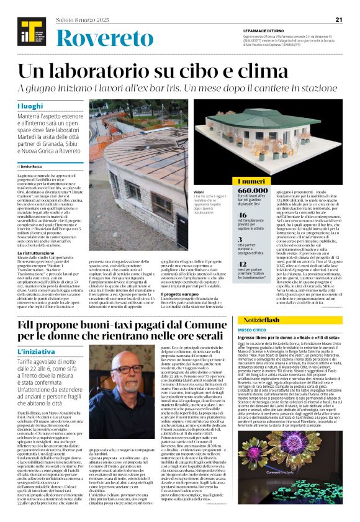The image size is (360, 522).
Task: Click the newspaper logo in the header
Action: (27, 32)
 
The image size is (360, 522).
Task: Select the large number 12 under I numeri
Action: (245, 264)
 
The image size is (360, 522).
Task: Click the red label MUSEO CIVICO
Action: (252, 330)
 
